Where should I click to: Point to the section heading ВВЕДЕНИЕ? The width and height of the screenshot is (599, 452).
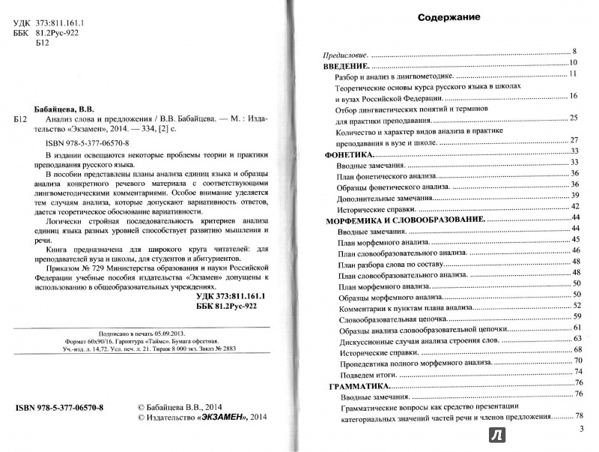347,67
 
